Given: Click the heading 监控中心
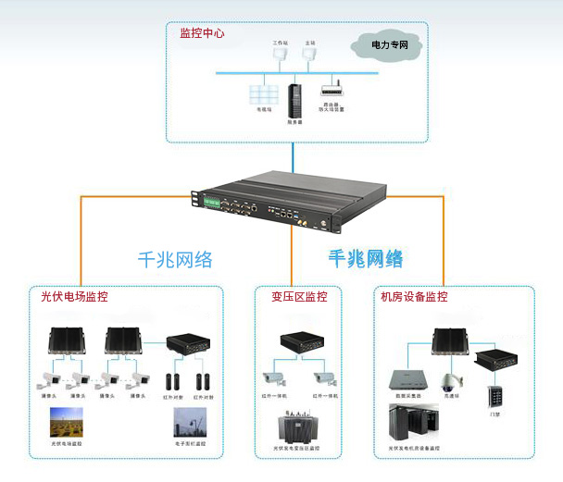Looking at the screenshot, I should [x=202, y=32].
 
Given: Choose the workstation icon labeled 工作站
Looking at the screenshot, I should [x=280, y=55].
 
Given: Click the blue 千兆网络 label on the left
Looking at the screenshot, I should [x=176, y=260].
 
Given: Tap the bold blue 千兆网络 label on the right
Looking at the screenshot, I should [x=366, y=258].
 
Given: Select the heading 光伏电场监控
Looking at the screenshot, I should [x=74, y=297].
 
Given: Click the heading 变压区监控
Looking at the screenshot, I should [x=299, y=297].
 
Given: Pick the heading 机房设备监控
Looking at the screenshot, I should [x=414, y=297].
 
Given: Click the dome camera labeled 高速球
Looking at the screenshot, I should [x=450, y=382].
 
